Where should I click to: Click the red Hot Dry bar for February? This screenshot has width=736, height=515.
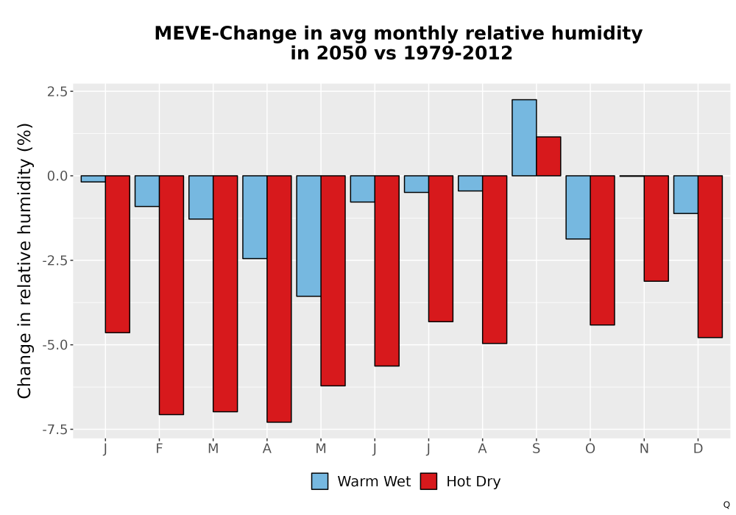(x=171, y=295)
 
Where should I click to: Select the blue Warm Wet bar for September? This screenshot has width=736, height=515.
(x=524, y=138)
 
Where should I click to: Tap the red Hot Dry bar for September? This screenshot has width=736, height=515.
(x=549, y=156)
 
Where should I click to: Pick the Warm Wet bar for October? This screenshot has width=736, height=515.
(x=578, y=207)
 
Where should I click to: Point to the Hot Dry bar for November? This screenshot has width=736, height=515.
(x=657, y=228)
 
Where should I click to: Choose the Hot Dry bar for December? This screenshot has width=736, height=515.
(x=710, y=257)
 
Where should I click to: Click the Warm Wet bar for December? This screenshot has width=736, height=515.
(x=686, y=195)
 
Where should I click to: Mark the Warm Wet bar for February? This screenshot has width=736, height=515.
(x=147, y=191)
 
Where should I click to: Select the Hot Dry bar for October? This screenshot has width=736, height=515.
(x=602, y=250)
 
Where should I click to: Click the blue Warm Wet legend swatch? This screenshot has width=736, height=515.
(x=319, y=481)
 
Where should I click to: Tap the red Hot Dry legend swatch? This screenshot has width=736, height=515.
(x=428, y=481)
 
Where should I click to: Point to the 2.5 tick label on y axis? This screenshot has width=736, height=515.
(x=57, y=91)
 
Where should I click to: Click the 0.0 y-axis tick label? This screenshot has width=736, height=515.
(x=57, y=176)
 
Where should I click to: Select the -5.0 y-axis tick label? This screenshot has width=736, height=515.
(x=55, y=345)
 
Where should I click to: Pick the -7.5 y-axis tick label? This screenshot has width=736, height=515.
(x=55, y=429)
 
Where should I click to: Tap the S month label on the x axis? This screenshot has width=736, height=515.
(x=536, y=449)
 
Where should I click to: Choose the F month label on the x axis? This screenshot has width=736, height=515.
(x=159, y=449)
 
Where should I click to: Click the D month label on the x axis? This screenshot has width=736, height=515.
(x=698, y=449)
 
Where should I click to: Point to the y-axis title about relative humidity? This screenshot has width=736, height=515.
(x=24, y=260)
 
